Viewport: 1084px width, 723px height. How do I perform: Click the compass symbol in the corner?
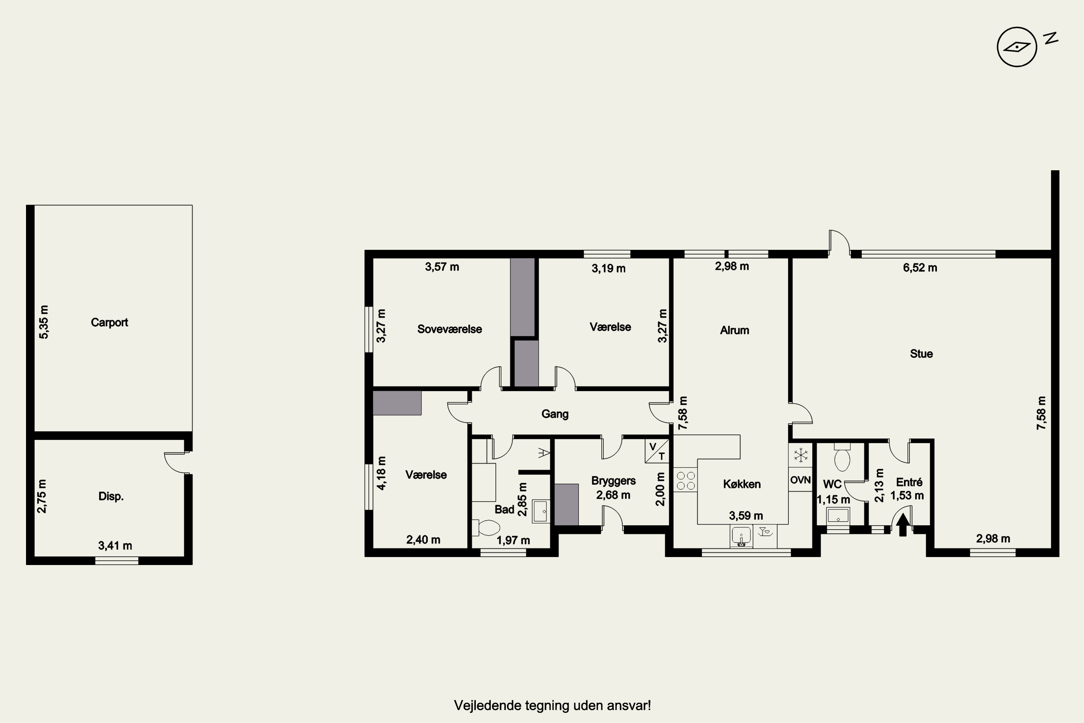(x=1017, y=47)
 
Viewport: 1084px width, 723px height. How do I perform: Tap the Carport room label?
(x=109, y=322)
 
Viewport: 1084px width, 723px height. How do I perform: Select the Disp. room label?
(x=111, y=496)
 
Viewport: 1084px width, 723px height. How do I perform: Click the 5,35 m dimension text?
(x=43, y=322)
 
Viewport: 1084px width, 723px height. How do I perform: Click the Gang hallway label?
(x=555, y=414)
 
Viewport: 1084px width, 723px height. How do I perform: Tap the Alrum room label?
(x=735, y=330)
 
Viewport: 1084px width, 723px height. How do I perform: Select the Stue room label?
(x=921, y=354)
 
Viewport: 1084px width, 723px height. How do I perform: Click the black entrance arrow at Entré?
(x=903, y=525)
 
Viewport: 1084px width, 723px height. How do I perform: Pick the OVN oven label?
(x=801, y=480)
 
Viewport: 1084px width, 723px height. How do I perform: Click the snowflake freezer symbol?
(x=801, y=455)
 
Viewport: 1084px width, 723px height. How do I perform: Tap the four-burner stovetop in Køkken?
(x=685, y=480)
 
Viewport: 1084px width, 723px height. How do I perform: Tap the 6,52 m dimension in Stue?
(x=920, y=268)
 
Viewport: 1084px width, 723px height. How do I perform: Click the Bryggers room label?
(x=614, y=480)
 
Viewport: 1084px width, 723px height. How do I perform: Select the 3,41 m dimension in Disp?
(x=115, y=546)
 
